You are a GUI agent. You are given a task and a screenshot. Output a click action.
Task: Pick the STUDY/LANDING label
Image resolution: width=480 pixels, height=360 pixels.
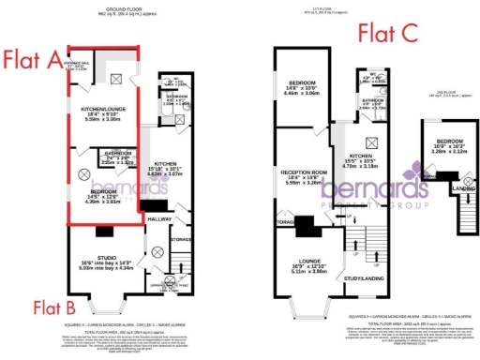click(365, 277)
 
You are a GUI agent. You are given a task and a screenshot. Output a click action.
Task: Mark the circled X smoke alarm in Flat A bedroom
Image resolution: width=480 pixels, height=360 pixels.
click(82, 174)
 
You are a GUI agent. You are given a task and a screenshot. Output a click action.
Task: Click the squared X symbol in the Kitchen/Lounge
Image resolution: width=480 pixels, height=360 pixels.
click(115, 80)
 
